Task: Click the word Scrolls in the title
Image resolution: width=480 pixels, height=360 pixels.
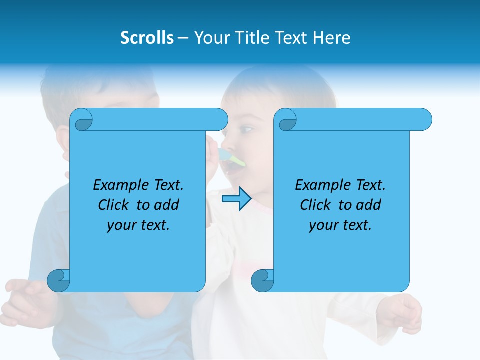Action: [x=147, y=38]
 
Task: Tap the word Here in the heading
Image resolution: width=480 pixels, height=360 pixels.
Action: [x=332, y=38]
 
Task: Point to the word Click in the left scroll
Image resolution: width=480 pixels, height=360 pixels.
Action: [x=115, y=205]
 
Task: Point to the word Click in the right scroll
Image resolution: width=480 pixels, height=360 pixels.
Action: [x=317, y=205]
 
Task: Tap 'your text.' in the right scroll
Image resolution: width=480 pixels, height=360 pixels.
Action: [x=340, y=225]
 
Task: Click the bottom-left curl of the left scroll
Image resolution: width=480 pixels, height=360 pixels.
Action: [x=59, y=280]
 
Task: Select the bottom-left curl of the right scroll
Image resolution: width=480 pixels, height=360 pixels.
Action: [x=262, y=280]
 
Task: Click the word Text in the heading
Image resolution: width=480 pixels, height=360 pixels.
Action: [x=292, y=38]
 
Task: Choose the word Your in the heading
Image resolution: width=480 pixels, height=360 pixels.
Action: [x=209, y=38]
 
